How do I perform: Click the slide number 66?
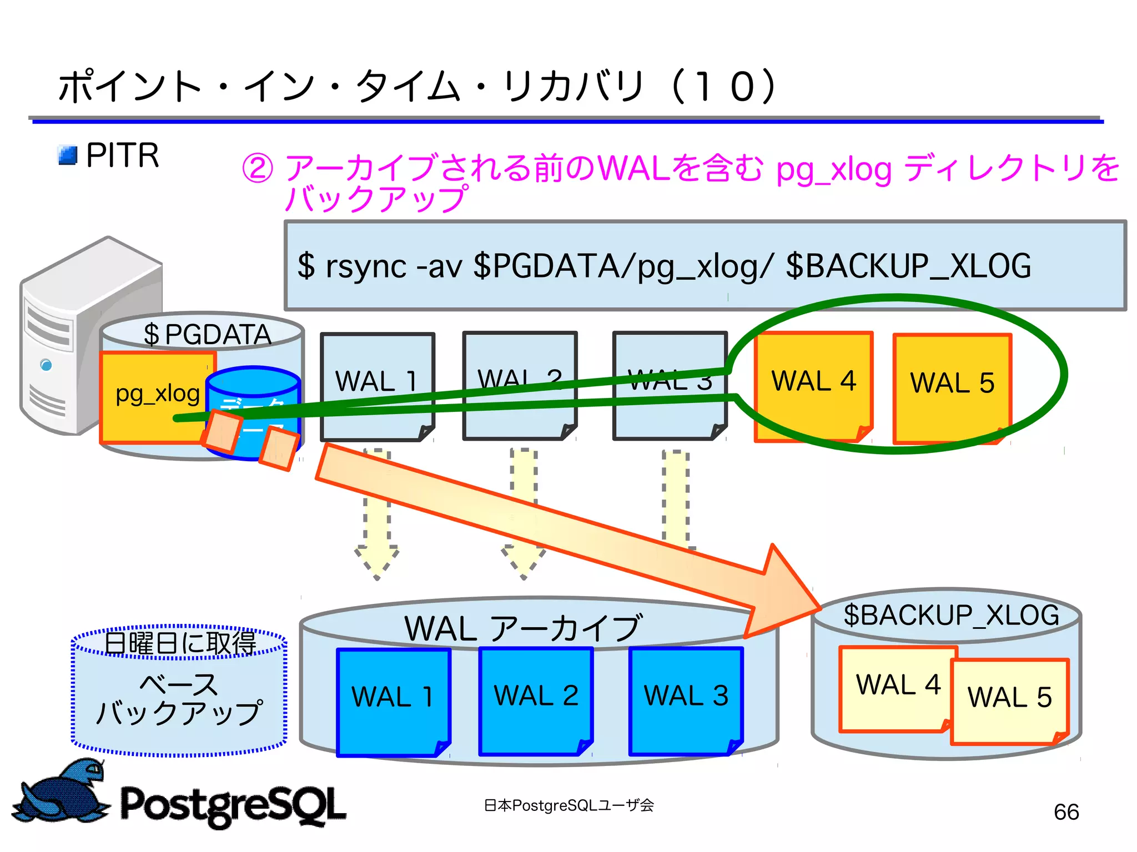click(1066, 812)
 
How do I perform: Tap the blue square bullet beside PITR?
click(68, 155)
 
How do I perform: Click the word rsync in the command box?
click(366, 266)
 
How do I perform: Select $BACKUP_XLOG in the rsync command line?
click(908, 266)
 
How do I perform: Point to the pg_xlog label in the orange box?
click(157, 394)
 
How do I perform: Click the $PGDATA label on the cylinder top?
click(207, 335)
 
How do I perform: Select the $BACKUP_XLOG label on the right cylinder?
click(951, 616)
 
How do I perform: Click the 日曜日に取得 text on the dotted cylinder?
click(180, 643)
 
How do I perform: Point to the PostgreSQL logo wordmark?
click(233, 805)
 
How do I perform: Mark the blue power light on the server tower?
click(46, 365)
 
